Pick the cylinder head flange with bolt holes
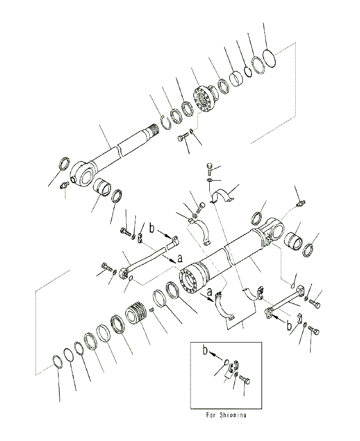[206, 99]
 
